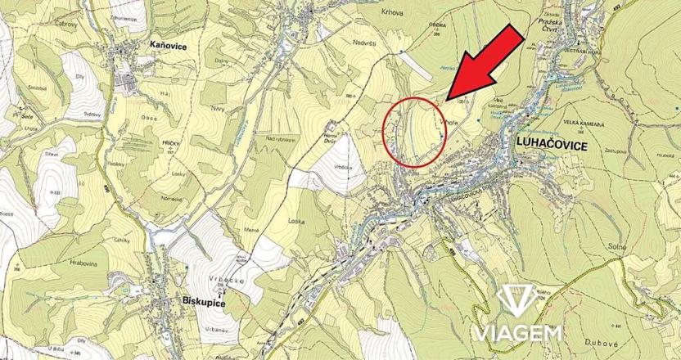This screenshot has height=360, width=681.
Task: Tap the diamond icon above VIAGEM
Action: [515, 300]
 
